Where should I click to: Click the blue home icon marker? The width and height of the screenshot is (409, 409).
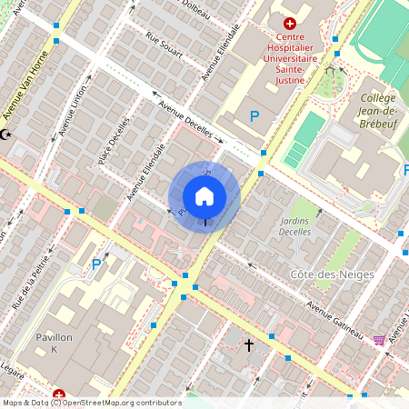(x=204, y=196)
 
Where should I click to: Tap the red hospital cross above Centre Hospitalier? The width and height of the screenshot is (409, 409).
(x=290, y=24)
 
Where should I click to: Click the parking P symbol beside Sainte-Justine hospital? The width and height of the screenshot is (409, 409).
(x=254, y=116)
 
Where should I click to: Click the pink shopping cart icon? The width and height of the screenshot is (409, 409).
(x=378, y=340)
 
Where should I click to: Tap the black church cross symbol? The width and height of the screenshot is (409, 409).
(x=249, y=345)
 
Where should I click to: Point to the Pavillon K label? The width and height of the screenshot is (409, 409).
(x=54, y=344)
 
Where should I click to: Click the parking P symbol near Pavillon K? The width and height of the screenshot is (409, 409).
(x=95, y=264)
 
